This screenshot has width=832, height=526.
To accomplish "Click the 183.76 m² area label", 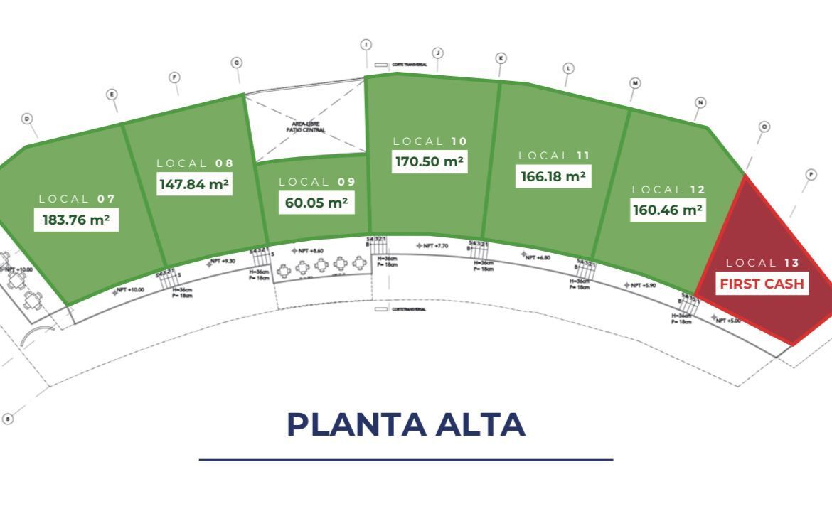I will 76,220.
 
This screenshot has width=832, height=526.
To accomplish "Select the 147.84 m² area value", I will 194,184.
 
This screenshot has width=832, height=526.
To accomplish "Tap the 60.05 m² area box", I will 316,203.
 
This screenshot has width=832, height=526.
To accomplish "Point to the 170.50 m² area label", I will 430,161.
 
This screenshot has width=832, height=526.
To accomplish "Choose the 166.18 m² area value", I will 553,176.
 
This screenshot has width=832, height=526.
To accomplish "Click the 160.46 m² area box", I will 668,210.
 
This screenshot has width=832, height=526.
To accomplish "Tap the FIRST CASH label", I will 762,284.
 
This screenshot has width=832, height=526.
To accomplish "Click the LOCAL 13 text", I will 762,263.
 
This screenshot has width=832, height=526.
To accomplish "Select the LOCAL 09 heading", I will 316,182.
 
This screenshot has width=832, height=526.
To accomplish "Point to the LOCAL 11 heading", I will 554,155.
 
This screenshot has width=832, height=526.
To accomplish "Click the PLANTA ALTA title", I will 406,424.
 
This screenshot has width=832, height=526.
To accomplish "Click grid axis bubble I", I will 366,45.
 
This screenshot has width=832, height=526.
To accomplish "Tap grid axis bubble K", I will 501,58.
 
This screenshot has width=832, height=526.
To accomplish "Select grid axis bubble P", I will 811,174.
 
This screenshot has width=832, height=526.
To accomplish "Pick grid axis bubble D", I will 27,118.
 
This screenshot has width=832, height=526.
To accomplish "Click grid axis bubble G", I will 237,63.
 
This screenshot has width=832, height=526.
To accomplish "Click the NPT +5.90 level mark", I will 641,285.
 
